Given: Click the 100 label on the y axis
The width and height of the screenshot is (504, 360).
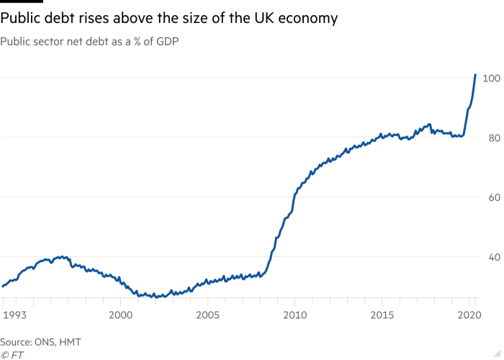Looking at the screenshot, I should tap(492, 78).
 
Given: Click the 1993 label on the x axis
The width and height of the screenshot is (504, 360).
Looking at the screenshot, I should tap(14, 315).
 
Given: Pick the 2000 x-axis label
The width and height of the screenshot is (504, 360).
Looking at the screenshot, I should tap(120, 315).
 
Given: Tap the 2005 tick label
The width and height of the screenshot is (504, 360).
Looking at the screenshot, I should tap(207, 315).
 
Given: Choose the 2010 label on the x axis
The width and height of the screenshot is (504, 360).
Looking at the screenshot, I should tap(294, 315).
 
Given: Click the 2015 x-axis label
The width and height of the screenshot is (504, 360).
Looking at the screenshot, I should tap(382, 315).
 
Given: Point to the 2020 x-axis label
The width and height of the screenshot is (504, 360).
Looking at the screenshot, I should tap(469, 315).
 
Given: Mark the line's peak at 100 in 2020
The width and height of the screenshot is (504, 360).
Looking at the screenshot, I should tap(475, 74).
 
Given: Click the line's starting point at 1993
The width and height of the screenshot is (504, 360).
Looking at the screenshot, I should tap(3, 287).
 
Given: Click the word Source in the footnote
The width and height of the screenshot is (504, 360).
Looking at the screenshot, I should tap(16, 342).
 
